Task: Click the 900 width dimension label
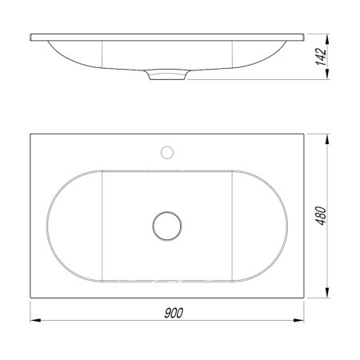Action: (x=174, y=313)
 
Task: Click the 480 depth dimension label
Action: (x=321, y=216)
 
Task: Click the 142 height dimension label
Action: (x=321, y=57)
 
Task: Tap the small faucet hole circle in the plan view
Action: (x=167, y=153)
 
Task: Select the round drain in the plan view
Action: (x=167, y=226)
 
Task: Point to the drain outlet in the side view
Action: (x=167, y=75)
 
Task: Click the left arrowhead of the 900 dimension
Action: (x=35, y=320)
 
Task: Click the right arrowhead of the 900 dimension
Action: (x=298, y=320)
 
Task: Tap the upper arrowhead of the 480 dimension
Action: (x=327, y=139)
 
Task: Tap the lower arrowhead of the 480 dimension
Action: (x=327, y=293)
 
